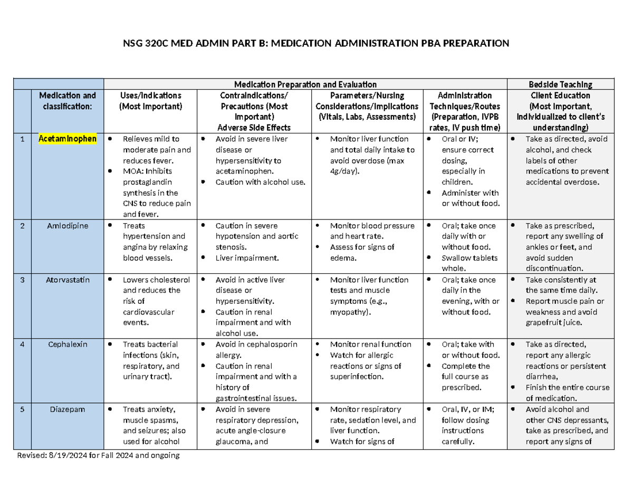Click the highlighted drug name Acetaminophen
pyautogui.click(x=67, y=139)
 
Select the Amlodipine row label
pyautogui.click(x=67, y=225)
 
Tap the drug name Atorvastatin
pyautogui.click(x=67, y=280)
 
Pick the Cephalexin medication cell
pyautogui.click(x=67, y=344)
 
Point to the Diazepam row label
pyautogui.click(x=67, y=409)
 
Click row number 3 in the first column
pyautogui.click(x=22, y=280)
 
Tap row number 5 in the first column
pyautogui.click(x=22, y=409)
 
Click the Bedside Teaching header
pyautogui.click(x=560, y=84)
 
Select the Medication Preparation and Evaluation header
pyautogui.click(x=305, y=84)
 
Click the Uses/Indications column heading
pyautogui.click(x=150, y=95)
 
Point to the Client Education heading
pyautogui.click(x=560, y=95)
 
